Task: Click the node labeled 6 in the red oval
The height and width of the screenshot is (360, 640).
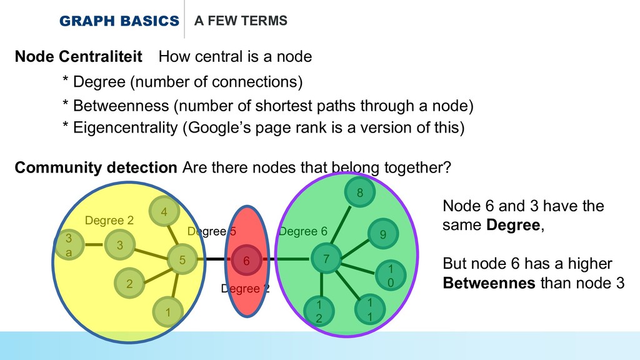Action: (x=246, y=261)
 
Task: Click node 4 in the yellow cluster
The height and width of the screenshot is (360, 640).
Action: (x=164, y=212)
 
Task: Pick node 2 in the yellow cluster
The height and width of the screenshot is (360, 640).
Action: (x=129, y=284)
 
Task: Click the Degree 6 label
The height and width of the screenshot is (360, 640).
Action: (x=302, y=232)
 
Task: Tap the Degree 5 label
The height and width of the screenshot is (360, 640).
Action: (x=212, y=232)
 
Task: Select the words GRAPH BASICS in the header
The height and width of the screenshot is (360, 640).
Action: (x=119, y=21)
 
